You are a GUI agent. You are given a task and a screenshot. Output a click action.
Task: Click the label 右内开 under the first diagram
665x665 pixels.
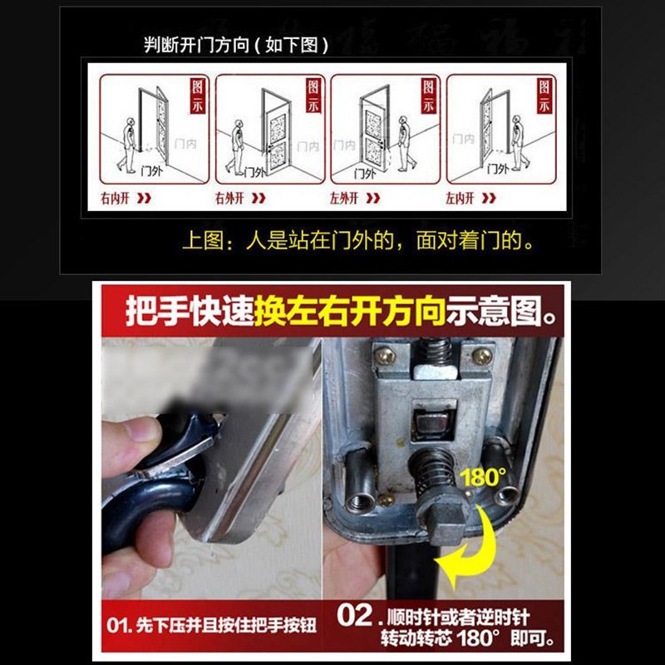114,199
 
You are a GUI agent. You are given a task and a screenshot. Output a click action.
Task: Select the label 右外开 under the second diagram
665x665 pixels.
229,199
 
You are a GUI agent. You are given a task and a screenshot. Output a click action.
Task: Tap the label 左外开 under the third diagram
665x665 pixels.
343,199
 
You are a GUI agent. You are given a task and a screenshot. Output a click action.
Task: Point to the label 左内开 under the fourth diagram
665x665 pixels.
459,199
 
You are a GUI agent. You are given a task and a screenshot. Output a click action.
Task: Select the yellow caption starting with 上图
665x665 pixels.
357,242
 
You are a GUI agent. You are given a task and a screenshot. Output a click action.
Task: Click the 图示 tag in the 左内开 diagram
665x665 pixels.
544,96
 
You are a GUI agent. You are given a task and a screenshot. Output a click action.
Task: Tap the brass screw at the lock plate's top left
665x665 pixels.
386,356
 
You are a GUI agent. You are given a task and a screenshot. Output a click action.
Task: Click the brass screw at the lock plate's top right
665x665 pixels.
481,356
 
